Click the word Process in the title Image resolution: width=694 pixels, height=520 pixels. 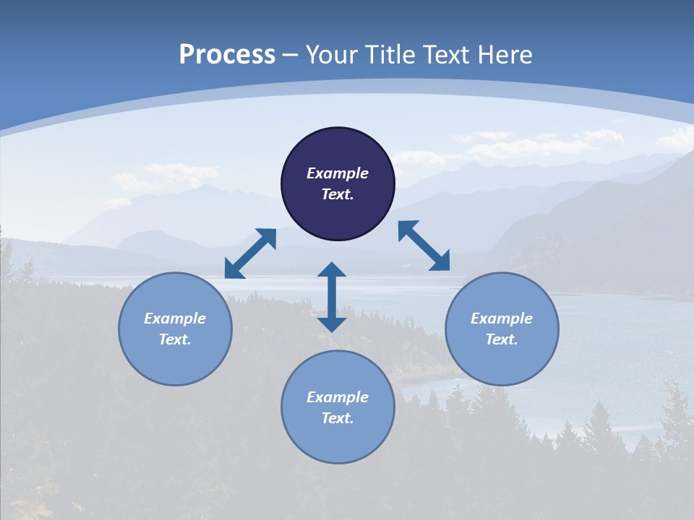(x=227, y=55)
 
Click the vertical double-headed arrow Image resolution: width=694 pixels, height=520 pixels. (x=332, y=297)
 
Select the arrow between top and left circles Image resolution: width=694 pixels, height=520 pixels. (x=250, y=253)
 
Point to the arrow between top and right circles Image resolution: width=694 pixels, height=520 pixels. (x=424, y=246)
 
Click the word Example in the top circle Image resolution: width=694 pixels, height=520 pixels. (x=338, y=173)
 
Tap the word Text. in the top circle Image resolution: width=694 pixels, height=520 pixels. (x=338, y=194)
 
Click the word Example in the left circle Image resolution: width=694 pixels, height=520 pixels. (x=175, y=318)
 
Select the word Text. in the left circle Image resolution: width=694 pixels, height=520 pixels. (x=175, y=339)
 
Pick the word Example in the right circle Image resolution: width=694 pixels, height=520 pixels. (x=502, y=318)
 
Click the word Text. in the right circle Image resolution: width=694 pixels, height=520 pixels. (x=502, y=339)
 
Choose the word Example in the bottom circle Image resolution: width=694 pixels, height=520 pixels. (x=338, y=397)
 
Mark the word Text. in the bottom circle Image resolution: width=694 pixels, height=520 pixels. (x=338, y=418)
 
